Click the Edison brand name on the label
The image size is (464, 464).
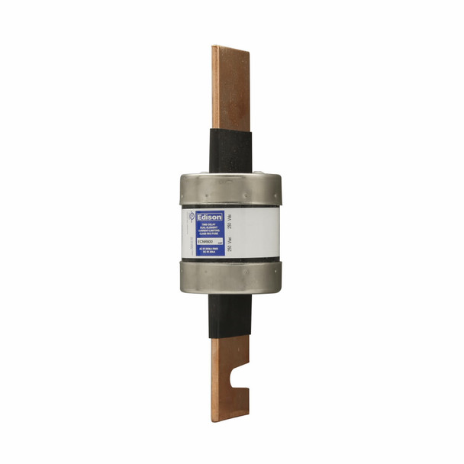(x=208, y=217)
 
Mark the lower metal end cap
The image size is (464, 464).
(x=230, y=279)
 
